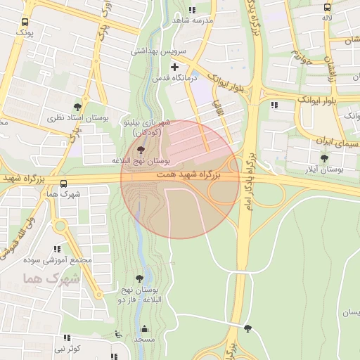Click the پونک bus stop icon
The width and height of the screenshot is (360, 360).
[25, 22]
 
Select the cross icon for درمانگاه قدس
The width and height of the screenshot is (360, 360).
[174, 67]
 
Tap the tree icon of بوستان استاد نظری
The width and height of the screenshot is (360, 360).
[77, 108]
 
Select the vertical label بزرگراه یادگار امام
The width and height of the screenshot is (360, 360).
[248, 172]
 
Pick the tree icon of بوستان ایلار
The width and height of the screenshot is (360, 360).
[324, 158]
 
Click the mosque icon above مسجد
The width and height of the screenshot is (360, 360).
[145, 328]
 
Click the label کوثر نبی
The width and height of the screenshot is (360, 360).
[68, 348]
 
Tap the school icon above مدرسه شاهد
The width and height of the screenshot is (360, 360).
[193, 10]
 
